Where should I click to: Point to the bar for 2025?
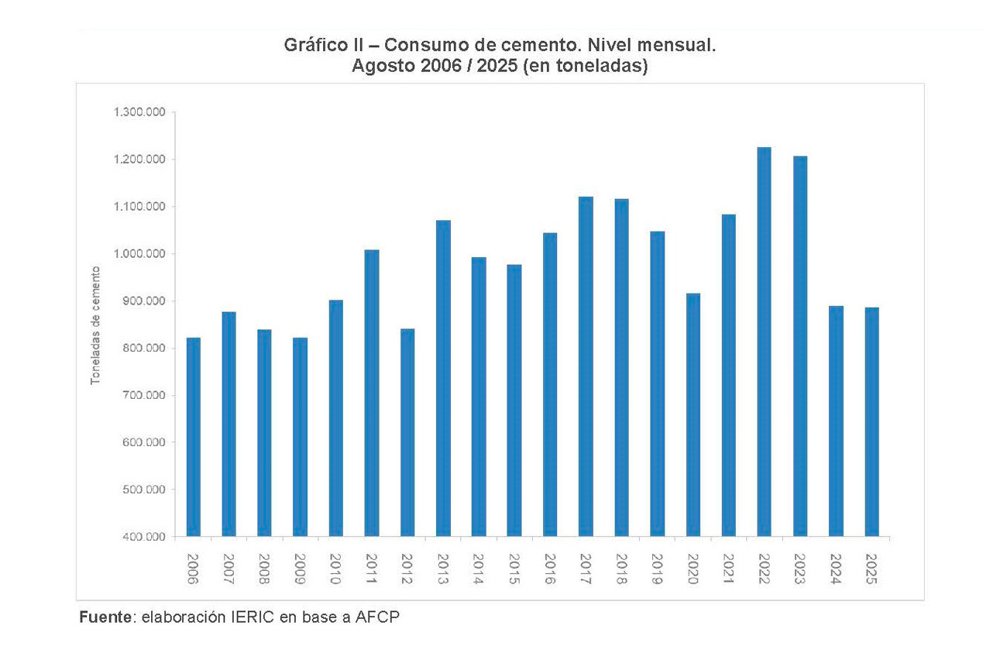871,421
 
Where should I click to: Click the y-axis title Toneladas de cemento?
96,325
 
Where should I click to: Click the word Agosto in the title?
380,67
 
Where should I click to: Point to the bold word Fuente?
105,618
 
